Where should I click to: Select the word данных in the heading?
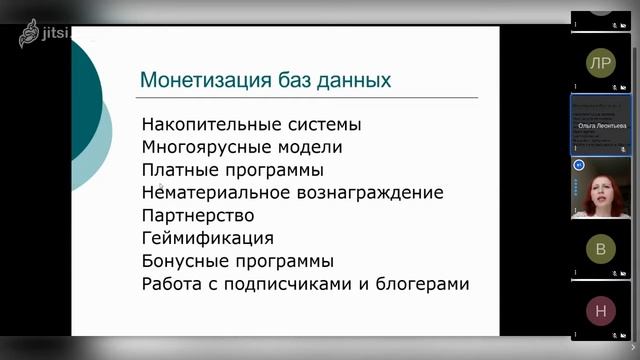point(351,80)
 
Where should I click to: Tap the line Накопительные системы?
point(251,126)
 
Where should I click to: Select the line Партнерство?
point(198,215)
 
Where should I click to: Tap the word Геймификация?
point(208,239)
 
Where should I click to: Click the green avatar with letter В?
point(600,250)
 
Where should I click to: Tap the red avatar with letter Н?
point(600,311)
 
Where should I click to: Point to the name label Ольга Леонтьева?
point(601,127)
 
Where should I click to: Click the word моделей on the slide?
point(313,148)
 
